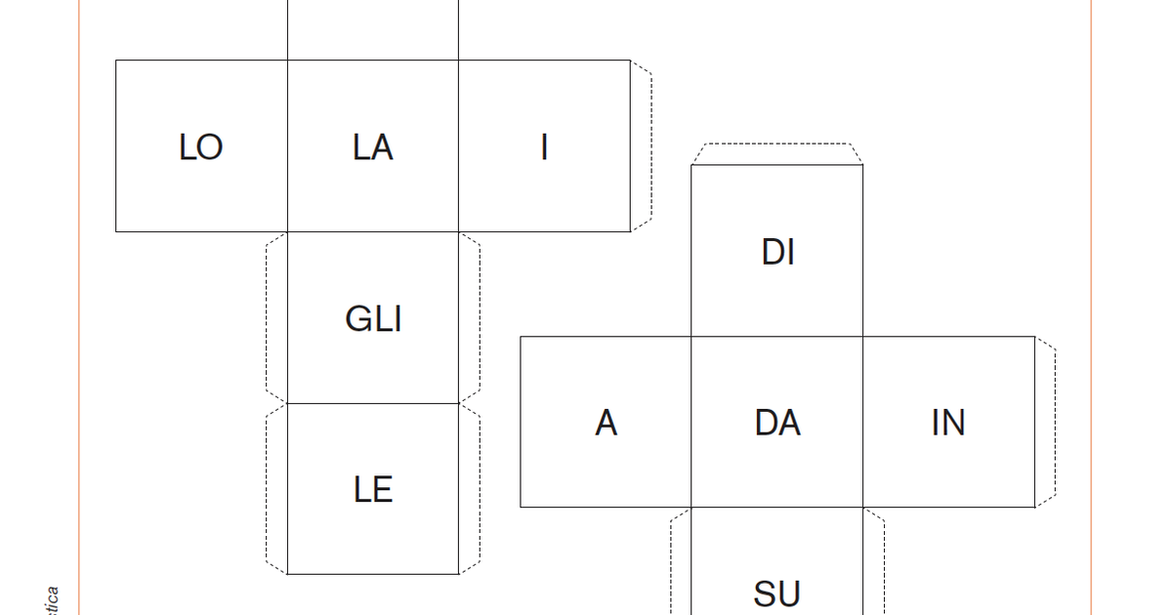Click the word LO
click(x=201, y=147)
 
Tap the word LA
click(x=372, y=147)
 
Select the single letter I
click(x=544, y=147)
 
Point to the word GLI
click(x=373, y=319)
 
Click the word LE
click(x=373, y=489)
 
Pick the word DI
click(x=777, y=253)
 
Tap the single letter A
click(x=606, y=424)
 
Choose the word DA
click(x=777, y=424)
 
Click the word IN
click(x=948, y=424)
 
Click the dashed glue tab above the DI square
click(x=777, y=154)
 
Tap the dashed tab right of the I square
click(x=641, y=146)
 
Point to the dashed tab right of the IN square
click(x=1045, y=423)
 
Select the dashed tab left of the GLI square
click(x=276, y=318)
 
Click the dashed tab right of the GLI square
click(x=470, y=318)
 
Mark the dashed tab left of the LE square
click(x=276, y=488)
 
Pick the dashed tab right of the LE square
click(x=470, y=488)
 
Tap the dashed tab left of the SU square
click(x=681, y=566)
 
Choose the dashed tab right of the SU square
click(x=874, y=566)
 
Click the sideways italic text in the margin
click(x=53, y=600)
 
